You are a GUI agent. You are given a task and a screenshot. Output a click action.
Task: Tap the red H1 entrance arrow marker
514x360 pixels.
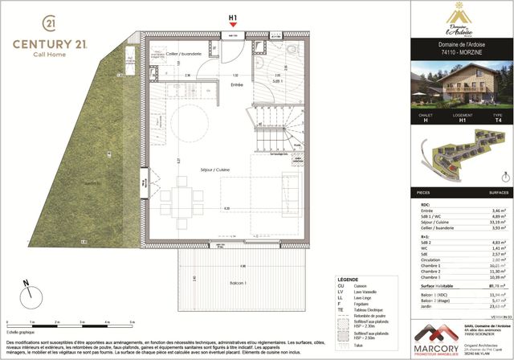pyautogui.click(x=233, y=25)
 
